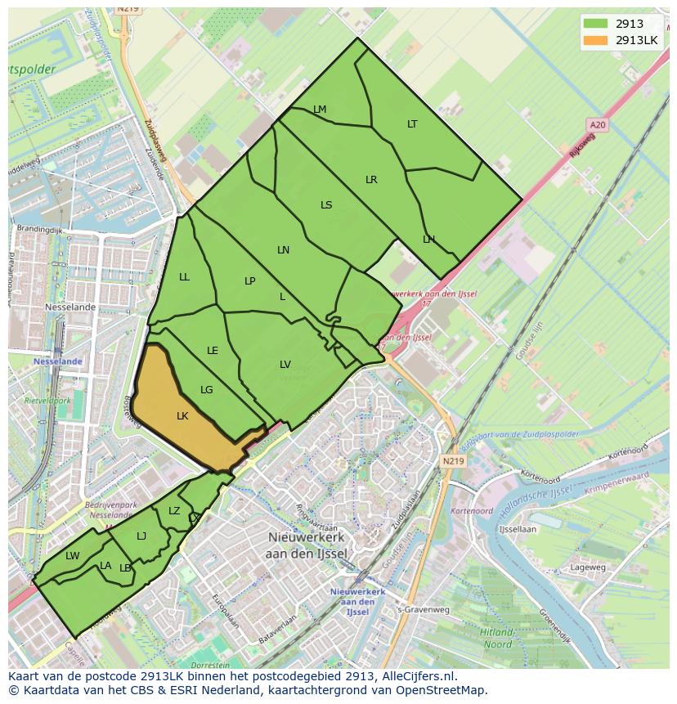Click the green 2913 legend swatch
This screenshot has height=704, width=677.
click(596, 24)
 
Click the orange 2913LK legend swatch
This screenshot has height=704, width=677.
click(596, 40)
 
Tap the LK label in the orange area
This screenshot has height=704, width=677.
click(182, 416)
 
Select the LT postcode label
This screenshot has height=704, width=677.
click(412, 124)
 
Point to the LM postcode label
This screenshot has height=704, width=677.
click(320, 110)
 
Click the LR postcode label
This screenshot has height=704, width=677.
click(371, 180)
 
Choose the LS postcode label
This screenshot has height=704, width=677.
click(326, 205)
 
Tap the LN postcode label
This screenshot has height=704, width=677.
click(284, 250)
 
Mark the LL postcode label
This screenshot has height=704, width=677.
click(184, 277)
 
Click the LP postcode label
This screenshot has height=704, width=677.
click(250, 281)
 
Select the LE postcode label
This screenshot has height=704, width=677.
click(213, 351)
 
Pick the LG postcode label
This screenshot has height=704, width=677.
click(207, 390)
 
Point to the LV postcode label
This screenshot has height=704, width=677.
click(285, 365)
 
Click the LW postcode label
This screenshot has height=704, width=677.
click(73, 556)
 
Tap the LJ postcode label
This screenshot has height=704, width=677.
click(141, 536)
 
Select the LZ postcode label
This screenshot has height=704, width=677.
click(174, 511)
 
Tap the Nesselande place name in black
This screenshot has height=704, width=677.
click(70, 307)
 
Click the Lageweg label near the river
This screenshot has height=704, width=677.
click(588, 567)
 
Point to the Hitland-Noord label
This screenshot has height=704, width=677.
click(497, 638)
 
